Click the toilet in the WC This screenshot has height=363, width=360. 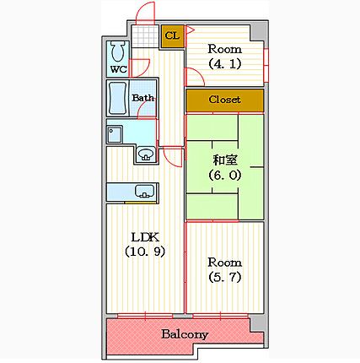pyautogui.click(x=118, y=51)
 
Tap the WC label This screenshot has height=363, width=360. pyautogui.click(x=119, y=69)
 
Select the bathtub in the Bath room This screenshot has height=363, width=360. pyautogui.click(x=118, y=98)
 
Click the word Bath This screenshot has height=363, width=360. pyautogui.click(x=143, y=98)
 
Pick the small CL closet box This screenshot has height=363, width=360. pyautogui.click(x=172, y=36)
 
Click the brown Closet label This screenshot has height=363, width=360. pyautogui.click(x=224, y=100)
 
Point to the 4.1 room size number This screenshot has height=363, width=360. pyautogui.click(x=225, y=64)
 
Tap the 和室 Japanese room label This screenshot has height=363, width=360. pyautogui.click(x=225, y=160)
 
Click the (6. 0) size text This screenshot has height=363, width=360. pyautogui.click(x=225, y=176)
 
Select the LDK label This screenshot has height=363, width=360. pyautogui.click(x=145, y=237)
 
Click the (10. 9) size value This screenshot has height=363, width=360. pyautogui.click(x=145, y=252)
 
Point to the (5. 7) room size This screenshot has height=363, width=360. pyautogui.click(x=225, y=278)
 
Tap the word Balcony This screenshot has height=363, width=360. pyautogui.click(x=185, y=334)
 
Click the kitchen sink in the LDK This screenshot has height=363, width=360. pyautogui.click(x=145, y=191)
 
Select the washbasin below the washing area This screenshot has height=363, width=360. pyautogui.click(x=146, y=154)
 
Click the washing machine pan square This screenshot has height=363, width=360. pyautogui.click(x=115, y=134)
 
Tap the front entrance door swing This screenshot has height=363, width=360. pyautogui.click(x=145, y=14)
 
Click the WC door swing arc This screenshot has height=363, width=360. pyautogui.click(x=140, y=68)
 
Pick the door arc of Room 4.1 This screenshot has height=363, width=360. pyautogui.click(x=195, y=77)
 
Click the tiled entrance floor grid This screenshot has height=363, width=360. pyautogui.click(x=145, y=36)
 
